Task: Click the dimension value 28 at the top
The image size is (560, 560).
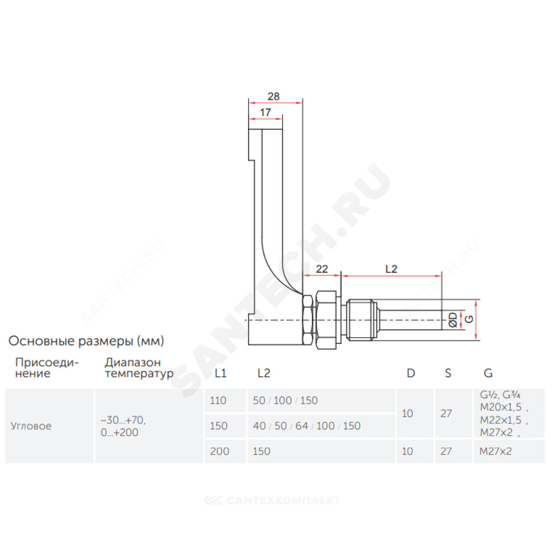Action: coord(274,96)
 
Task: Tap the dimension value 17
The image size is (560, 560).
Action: coord(265,113)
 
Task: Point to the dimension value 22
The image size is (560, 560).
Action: coord(322,269)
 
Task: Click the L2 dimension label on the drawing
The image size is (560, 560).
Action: coord(391,269)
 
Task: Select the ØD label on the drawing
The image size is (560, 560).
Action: coord(452,320)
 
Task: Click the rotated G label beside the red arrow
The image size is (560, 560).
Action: coord(469,319)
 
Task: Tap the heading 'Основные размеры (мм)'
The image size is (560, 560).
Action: coord(86,341)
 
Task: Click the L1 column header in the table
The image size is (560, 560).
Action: coord(220,373)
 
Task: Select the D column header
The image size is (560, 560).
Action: coord(410,373)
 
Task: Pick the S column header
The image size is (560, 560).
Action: coord(448,373)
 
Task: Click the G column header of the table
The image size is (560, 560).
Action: coord(488,373)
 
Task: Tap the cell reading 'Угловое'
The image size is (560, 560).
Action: coord(31,426)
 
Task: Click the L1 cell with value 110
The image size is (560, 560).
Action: coord(218,401)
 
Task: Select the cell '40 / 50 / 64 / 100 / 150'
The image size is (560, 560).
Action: coord(306,426)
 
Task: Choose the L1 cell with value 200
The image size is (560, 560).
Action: coord(220,451)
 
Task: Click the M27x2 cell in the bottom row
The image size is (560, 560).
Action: coord(496,451)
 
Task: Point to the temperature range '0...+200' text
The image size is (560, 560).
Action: coord(119,432)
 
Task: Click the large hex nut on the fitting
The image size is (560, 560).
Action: coord(326,320)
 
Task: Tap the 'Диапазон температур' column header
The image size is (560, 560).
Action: coord(139,368)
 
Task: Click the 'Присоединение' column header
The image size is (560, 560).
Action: coord(47,368)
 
